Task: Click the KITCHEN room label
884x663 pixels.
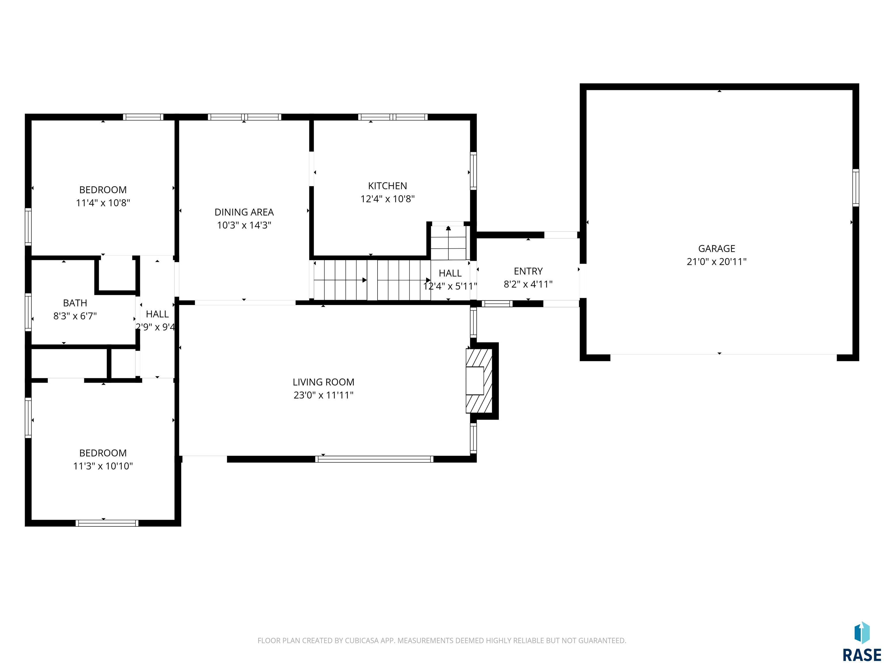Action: tap(387, 186)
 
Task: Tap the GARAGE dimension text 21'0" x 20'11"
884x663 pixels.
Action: tap(717, 262)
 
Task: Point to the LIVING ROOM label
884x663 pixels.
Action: tap(323, 382)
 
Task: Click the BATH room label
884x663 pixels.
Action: tap(75, 303)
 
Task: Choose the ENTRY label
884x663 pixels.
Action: tap(528, 271)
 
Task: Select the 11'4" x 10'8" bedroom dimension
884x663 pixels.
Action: tap(103, 203)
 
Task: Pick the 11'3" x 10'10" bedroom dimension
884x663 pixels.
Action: tap(103, 466)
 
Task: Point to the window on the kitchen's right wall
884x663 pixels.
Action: tap(473, 171)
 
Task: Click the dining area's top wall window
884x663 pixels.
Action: tap(244, 117)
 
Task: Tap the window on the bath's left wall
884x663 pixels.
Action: tap(28, 313)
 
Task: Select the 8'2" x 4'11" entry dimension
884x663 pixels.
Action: tap(528, 284)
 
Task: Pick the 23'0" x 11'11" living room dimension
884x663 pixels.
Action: tap(323, 395)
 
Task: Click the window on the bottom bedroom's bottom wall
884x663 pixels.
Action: tap(107, 523)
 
